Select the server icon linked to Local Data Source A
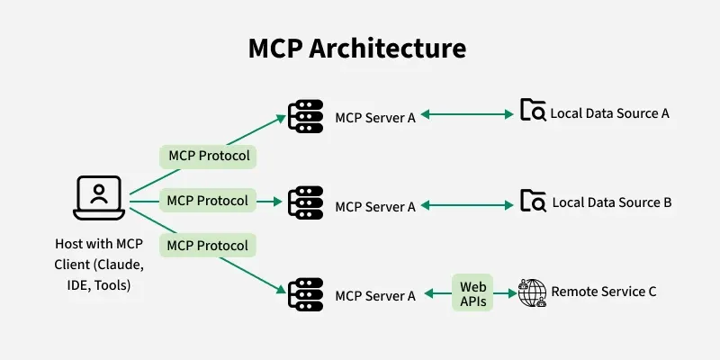pos(305,116)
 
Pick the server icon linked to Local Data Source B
pos(305,202)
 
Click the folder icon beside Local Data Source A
pos(533,112)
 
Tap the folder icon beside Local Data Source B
pos(533,201)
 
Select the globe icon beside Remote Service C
pos(533,292)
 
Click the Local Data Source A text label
pos(610,113)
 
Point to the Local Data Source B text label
pos(611,202)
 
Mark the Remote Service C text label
pos(604,292)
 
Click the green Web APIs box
pos(473,293)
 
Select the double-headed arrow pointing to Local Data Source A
pos(466,114)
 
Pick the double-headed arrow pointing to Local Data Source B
pos(466,204)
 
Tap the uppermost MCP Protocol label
pos(208,157)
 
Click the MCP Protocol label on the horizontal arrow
pos(208,200)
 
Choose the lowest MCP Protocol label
pos(208,245)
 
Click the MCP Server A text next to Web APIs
pos(375,295)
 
